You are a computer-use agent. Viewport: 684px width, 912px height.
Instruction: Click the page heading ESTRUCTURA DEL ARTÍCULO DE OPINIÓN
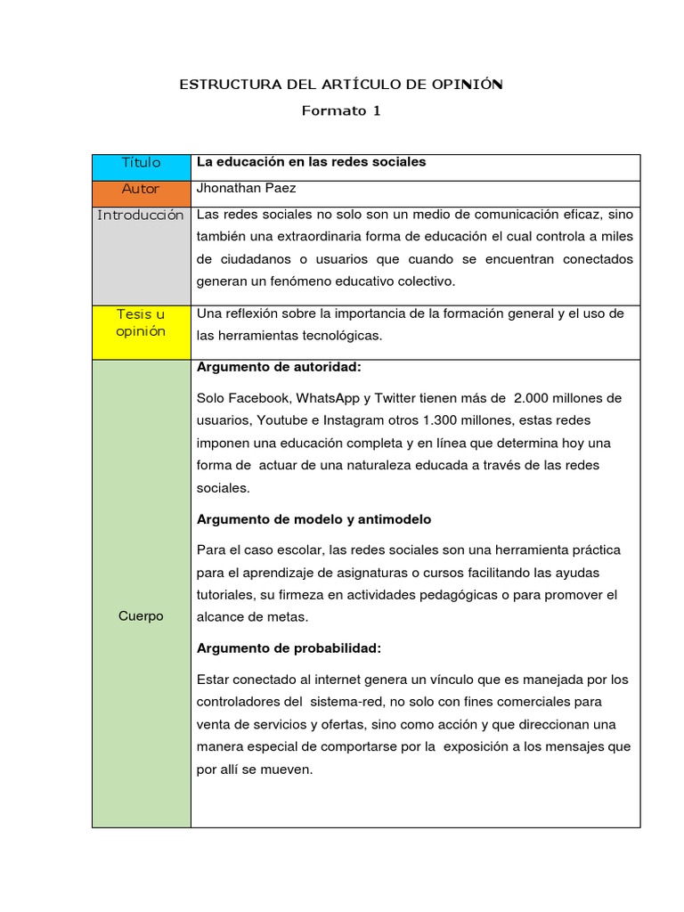pyautogui.click(x=341, y=85)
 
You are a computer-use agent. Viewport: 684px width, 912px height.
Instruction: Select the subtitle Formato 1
pyautogui.click(x=341, y=111)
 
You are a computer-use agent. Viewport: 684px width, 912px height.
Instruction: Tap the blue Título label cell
pyautogui.click(x=142, y=163)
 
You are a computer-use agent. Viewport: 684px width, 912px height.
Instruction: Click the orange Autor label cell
pyautogui.click(x=142, y=189)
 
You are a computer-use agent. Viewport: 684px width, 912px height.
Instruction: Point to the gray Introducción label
pyautogui.click(x=141, y=216)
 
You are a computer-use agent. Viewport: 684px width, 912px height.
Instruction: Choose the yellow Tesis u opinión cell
pyautogui.click(x=141, y=322)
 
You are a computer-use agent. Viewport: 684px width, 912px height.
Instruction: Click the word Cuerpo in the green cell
pyautogui.click(x=141, y=616)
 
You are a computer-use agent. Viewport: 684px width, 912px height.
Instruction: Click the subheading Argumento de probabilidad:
pyautogui.click(x=289, y=647)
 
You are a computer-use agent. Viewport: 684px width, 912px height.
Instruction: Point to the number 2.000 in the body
pyautogui.click(x=533, y=397)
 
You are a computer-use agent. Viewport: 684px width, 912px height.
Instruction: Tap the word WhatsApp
pyautogui.click(x=328, y=397)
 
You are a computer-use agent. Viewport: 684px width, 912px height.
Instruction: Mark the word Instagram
pyautogui.click(x=333, y=419)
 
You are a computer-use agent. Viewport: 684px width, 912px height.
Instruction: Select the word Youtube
pyautogui.click(x=274, y=419)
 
